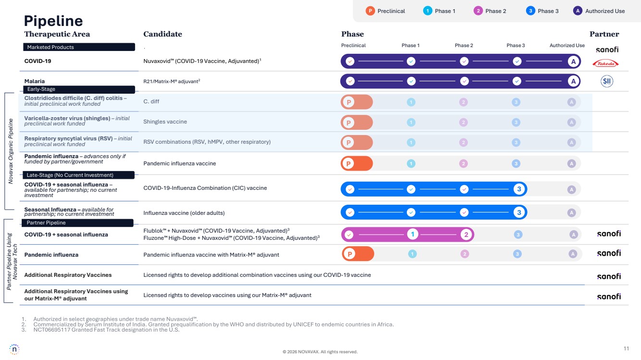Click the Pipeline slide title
click(53, 21)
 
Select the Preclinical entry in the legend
click(385, 11)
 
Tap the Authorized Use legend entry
click(599, 11)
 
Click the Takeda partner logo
click(605, 63)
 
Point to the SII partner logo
click(607, 81)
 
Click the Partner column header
click(604, 34)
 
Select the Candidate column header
click(163, 34)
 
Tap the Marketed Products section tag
click(79, 47)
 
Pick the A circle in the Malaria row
click(573, 81)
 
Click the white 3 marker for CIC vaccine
click(519, 189)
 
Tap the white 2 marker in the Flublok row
click(466, 235)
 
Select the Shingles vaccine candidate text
click(165, 122)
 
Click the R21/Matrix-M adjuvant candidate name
click(171, 81)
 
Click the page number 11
click(626, 348)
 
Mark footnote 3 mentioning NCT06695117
click(106, 330)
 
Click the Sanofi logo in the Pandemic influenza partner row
click(608, 253)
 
